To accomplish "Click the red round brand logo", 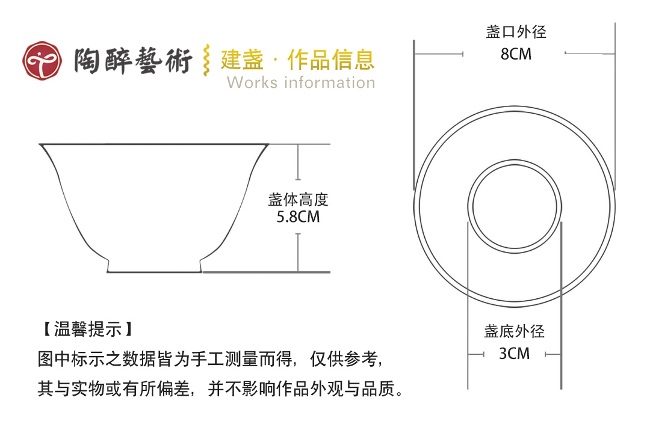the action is (x=42, y=61).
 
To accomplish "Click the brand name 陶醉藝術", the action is (x=133, y=61).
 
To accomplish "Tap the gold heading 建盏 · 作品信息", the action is (x=298, y=60).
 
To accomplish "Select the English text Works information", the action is (x=301, y=82).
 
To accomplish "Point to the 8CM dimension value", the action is (x=516, y=54).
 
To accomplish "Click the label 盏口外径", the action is (x=516, y=32).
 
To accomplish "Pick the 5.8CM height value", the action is (x=298, y=216).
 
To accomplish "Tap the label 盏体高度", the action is (x=298, y=200).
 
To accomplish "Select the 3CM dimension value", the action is (x=515, y=354).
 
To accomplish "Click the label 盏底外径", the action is (x=515, y=331).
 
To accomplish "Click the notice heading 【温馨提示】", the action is (x=87, y=330).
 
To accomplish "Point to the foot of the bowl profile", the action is (x=154, y=266).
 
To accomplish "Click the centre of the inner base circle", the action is (x=515, y=206).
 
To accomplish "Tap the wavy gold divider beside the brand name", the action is (x=206, y=61).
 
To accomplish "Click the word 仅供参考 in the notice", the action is (x=344, y=359).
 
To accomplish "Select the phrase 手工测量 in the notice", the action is (x=224, y=359).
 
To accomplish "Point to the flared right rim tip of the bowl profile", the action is (x=268, y=144).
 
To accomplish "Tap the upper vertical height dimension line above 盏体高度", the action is (x=298, y=162).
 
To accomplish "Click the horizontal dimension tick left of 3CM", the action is (x=476, y=354).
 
